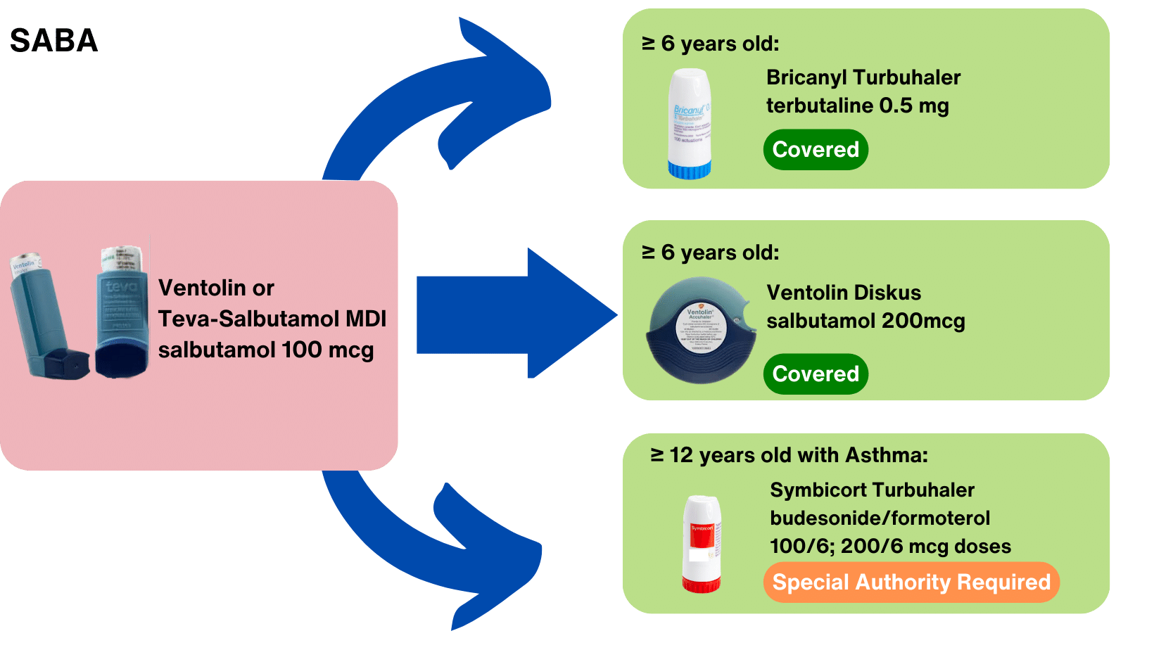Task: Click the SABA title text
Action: click(x=53, y=41)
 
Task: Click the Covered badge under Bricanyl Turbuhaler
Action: click(x=816, y=149)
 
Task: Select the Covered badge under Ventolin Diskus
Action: click(x=816, y=374)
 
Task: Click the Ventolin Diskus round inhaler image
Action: click(x=701, y=330)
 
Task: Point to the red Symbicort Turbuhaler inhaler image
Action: click(x=702, y=542)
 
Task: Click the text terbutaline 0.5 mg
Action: click(x=857, y=106)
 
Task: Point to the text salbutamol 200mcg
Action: click(x=865, y=321)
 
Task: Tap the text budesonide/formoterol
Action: click(x=880, y=518)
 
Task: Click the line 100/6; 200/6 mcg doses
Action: click(x=890, y=546)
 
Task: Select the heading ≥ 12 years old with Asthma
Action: click(x=789, y=455)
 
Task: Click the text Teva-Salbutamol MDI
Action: click(x=272, y=319)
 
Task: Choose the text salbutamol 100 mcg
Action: click(x=265, y=350)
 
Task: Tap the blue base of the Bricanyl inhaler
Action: click(x=689, y=170)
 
